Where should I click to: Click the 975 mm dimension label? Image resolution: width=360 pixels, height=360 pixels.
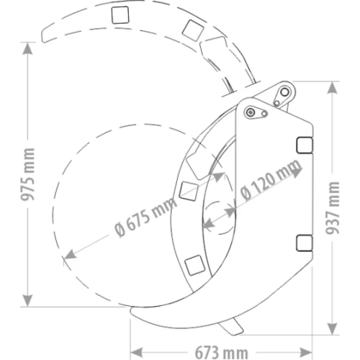27,174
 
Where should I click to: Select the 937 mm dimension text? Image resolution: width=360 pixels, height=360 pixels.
333,207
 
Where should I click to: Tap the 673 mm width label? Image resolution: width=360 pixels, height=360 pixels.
221,353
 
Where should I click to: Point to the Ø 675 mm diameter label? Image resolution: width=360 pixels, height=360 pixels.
146,217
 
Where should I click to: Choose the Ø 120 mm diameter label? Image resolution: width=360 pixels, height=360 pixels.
271,179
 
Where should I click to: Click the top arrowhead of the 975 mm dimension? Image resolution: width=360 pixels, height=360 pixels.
27,48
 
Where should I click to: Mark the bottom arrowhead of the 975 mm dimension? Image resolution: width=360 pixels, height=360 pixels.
27,300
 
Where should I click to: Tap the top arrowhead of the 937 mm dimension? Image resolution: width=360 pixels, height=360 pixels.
333,88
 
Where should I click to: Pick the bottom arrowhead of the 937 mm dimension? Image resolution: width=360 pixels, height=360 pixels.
333,328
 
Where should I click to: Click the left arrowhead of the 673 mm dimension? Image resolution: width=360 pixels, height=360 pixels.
136,353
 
